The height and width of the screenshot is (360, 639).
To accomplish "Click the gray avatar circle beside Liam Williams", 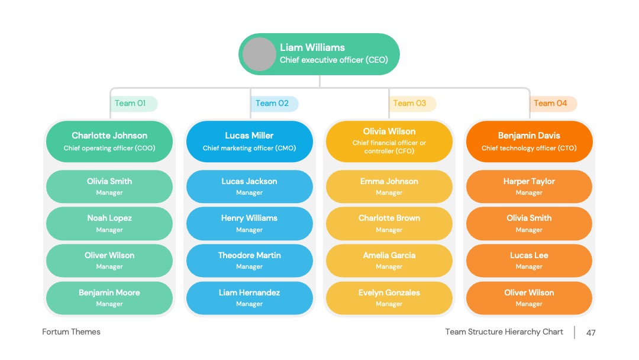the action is pos(259,54).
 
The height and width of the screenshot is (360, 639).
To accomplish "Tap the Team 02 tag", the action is pos(275,104).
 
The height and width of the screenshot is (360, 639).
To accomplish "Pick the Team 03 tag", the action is pos(412,104).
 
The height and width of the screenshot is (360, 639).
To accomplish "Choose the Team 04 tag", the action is pos(553,104).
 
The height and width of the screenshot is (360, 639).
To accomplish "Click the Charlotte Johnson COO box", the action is pos(109,141).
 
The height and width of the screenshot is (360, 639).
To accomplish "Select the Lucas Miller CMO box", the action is pos(250,141).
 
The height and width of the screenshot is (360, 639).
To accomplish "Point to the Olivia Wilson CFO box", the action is pos(389,141).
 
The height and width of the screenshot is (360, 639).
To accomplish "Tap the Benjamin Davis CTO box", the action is pos(529,141).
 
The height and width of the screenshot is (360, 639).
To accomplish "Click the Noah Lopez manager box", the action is pos(109,223).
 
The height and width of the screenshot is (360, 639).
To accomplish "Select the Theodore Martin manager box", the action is pos(250,261).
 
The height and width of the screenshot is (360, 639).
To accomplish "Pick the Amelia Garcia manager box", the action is pos(389,261).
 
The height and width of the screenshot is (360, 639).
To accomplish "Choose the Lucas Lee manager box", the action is pos(529,261).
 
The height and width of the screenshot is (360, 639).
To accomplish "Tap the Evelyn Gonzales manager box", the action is pos(389,298).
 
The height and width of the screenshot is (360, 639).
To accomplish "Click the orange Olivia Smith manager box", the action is pos(529,223).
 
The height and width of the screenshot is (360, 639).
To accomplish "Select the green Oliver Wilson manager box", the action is pos(109,261).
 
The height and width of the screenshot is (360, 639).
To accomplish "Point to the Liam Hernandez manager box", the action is pos(250,298).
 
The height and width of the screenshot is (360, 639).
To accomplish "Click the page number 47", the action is pos(591,333).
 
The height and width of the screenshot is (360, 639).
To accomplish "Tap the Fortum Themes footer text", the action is pos(72,332).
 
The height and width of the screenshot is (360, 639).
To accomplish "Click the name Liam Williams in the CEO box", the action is pos(312,47).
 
